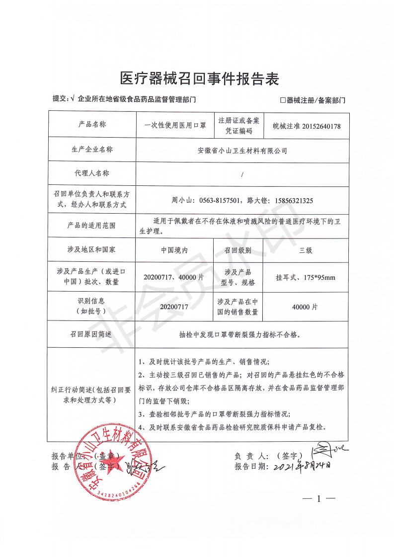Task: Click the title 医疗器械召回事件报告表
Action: pyautogui.click(x=200, y=79)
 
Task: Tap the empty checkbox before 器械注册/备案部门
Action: pyautogui.click(x=283, y=100)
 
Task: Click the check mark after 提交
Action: pyautogui.click(x=73, y=99)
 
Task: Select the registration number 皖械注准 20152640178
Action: pyautogui.click(x=303, y=126)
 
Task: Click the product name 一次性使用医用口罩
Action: pyautogui.click(x=171, y=126)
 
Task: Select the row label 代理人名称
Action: pyautogui.click(x=91, y=173)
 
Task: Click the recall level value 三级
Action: pyautogui.click(x=305, y=251)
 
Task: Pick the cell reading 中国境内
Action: pyautogui.click(x=174, y=251)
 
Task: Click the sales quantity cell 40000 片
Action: pyautogui.click(x=305, y=307)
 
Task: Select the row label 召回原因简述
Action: pyautogui.click(x=91, y=334)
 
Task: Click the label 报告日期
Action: pyautogui.click(x=251, y=467)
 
